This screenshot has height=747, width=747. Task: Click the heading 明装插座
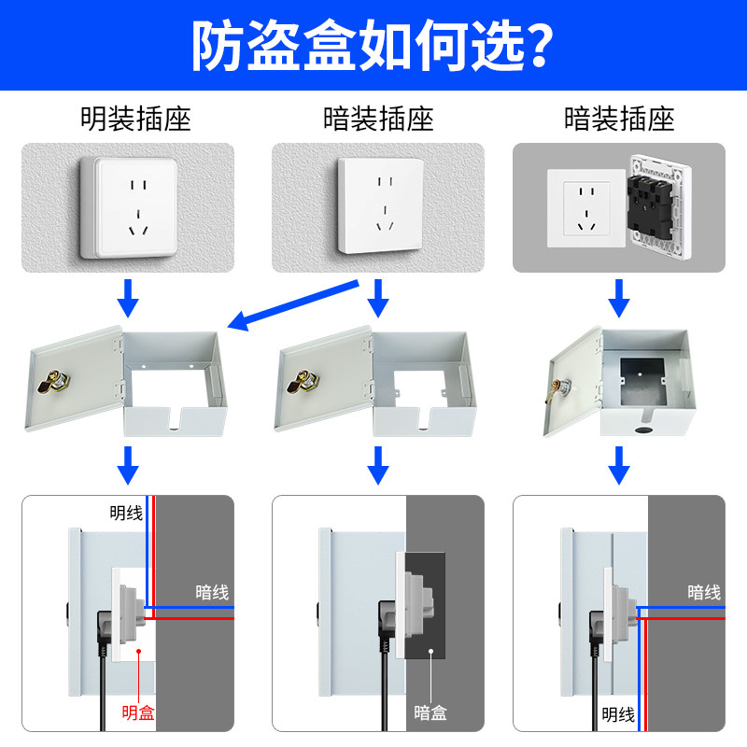pos(135,119)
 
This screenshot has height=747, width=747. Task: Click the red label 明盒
pos(138,712)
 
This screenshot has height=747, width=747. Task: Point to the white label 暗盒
pos(430,712)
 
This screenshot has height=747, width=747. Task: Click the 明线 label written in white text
pos(126,512)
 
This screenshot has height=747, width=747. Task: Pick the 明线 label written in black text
pos(618,715)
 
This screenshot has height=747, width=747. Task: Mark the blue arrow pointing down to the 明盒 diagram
pos(132,463)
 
